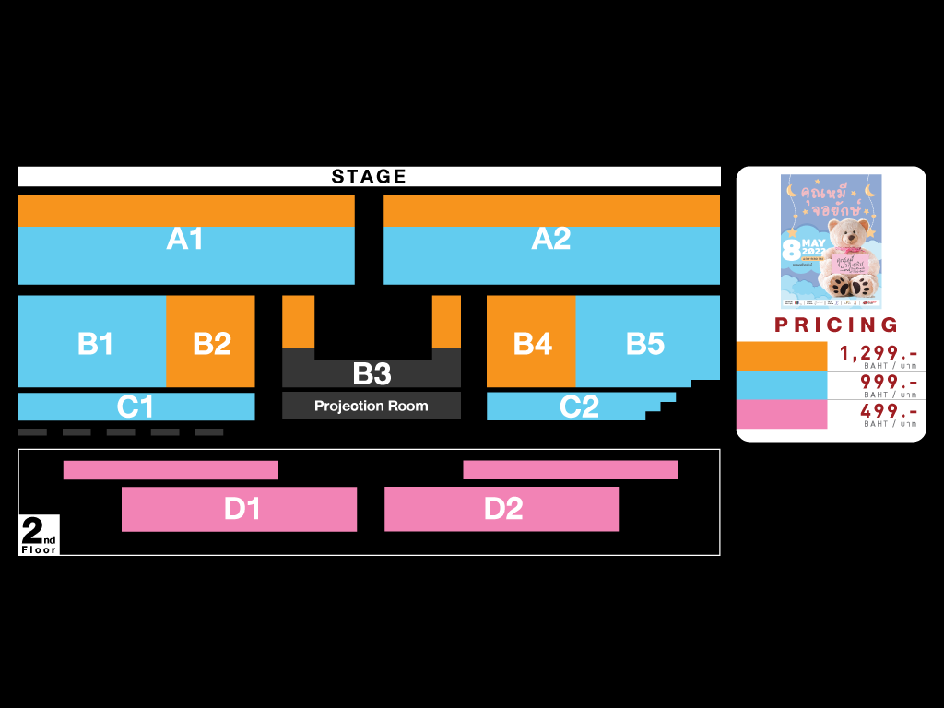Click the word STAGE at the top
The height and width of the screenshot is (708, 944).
[369, 176]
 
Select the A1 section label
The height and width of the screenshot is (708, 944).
[185, 239]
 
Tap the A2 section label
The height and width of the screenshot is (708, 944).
[551, 239]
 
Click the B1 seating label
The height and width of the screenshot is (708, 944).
[95, 344]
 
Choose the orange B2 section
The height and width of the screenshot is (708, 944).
[211, 343]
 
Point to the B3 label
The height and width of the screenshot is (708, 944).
[372, 373]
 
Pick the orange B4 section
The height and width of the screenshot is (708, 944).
[532, 344]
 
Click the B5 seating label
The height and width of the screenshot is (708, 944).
[645, 344]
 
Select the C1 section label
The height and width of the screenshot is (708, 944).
[135, 407]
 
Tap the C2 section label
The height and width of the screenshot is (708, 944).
[579, 407]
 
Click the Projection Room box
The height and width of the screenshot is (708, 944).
[372, 406]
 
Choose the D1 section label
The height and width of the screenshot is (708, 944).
[242, 509]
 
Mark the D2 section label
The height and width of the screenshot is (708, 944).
[503, 509]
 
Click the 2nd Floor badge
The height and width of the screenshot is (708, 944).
[39, 536]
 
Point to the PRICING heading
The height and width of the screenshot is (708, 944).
[836, 324]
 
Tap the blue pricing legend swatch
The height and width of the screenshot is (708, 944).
[782, 384]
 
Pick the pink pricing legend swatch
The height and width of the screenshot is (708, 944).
[782, 414]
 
